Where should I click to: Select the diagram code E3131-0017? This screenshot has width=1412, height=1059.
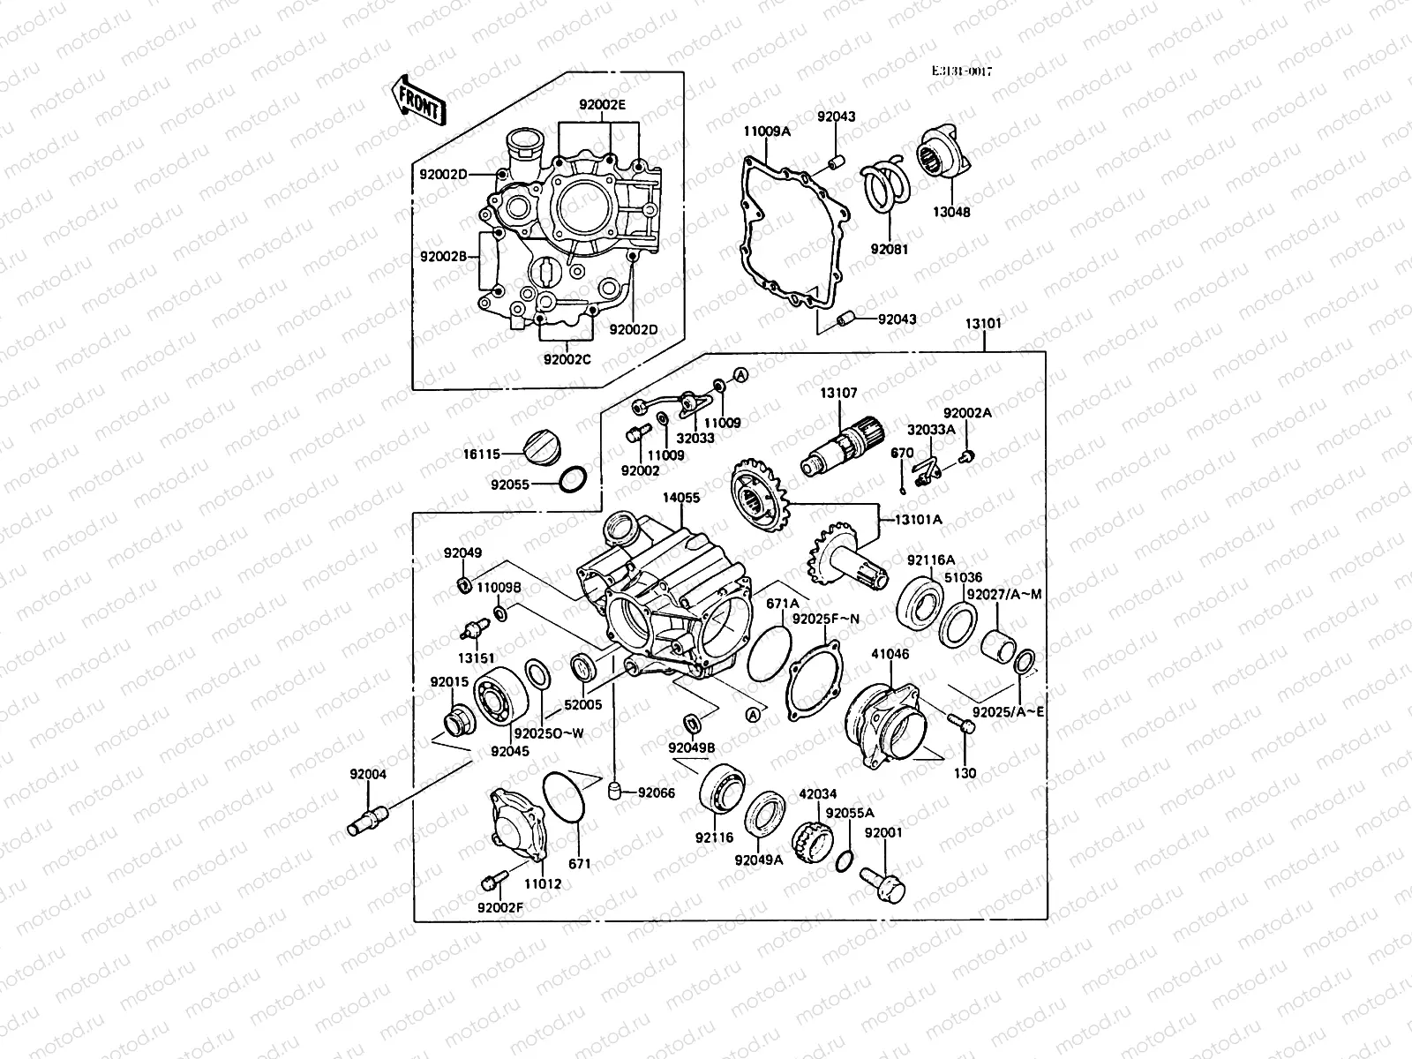[962, 72]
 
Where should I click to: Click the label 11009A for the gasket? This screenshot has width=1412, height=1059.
[766, 131]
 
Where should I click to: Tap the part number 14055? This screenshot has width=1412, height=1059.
[681, 498]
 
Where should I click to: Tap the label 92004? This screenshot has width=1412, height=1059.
[367, 774]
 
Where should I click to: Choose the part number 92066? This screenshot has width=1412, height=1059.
[656, 792]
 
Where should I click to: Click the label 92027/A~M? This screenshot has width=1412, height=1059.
[1003, 594]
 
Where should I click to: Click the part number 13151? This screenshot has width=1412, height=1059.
[474, 657]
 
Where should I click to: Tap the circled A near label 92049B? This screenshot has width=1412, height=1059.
[753, 716]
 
